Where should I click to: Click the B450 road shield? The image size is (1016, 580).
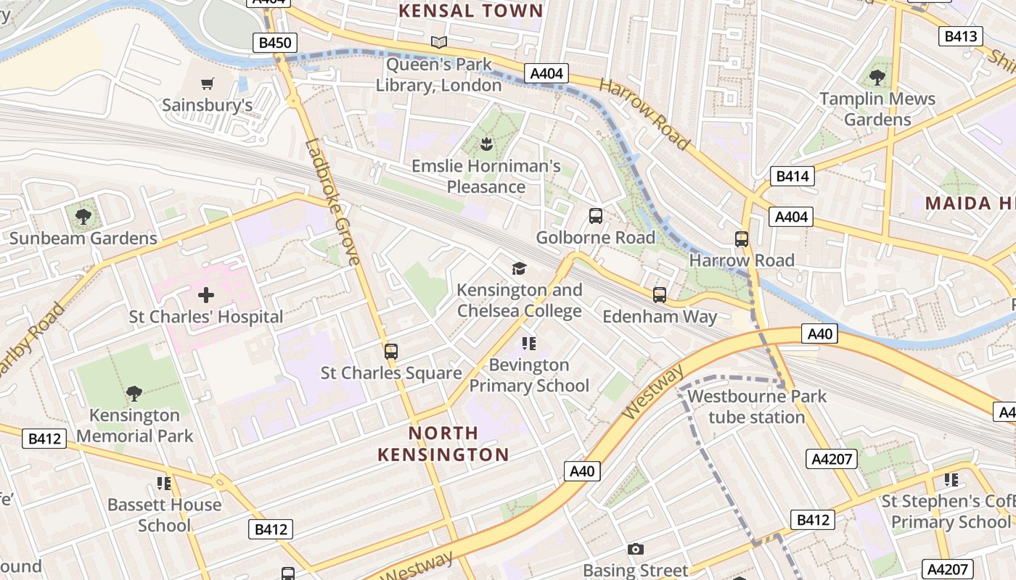point(275,43)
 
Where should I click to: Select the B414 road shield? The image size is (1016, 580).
point(792,176)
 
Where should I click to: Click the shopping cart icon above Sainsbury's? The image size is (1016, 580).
point(208,83)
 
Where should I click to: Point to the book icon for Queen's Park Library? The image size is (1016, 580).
point(438,43)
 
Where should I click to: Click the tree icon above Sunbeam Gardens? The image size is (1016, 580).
point(83,216)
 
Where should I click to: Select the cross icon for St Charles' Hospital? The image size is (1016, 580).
point(206,295)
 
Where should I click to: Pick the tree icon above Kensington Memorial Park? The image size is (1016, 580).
point(134,394)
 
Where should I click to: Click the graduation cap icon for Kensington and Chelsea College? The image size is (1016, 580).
point(519,269)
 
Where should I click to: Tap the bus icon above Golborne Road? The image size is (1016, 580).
point(596,215)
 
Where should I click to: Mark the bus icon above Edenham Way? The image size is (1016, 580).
point(659,294)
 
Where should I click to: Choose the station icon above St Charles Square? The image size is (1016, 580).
point(391,352)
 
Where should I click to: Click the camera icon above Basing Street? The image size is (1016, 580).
point(636,549)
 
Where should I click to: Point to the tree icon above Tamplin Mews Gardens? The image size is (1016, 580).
point(877,76)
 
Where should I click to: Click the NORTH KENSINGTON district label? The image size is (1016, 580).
point(443,444)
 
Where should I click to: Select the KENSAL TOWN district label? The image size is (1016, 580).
point(471,11)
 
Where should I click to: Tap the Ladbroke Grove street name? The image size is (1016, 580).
point(332,202)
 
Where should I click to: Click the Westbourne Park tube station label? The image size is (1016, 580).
point(757,407)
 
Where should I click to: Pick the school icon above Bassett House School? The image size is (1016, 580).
point(164,483)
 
